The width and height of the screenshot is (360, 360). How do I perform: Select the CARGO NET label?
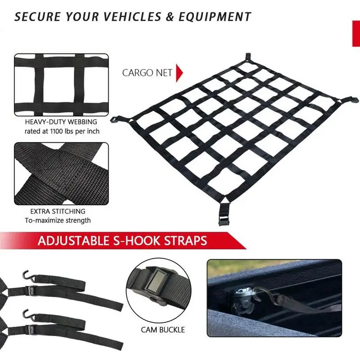(x=147, y=73)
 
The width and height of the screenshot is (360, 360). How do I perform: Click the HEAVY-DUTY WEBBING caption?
(x=61, y=122)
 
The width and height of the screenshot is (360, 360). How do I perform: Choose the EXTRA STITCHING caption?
(x=58, y=211)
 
